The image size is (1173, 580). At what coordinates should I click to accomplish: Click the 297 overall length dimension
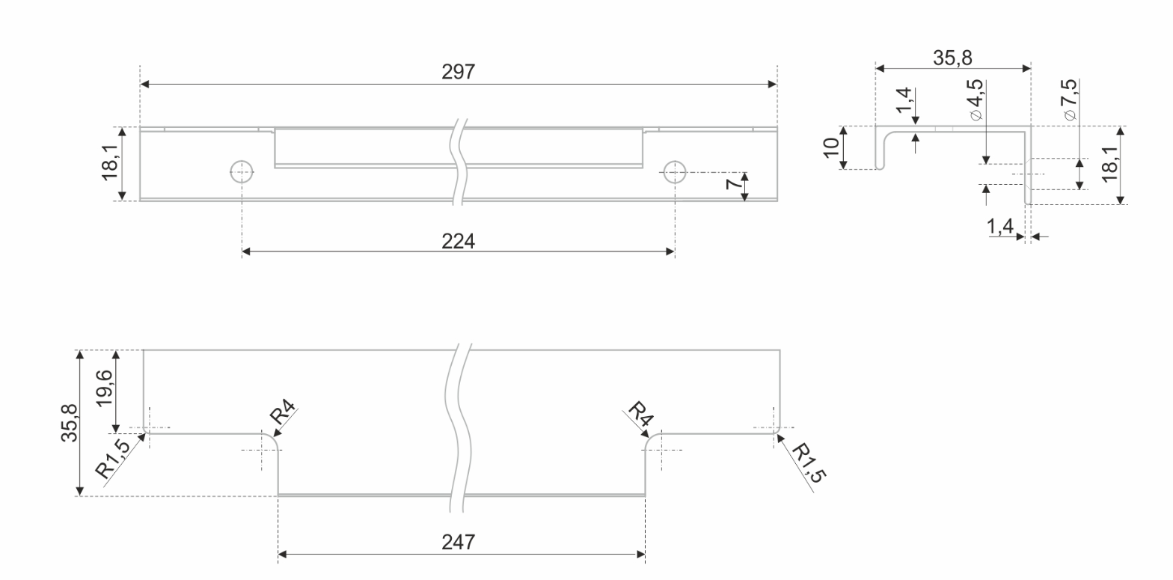point(458,72)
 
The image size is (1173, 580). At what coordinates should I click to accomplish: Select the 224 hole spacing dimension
point(458,240)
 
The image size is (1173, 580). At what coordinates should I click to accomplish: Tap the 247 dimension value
point(458,542)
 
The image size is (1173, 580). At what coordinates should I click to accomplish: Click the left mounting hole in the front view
point(241,172)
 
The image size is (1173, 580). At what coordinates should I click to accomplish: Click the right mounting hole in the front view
point(675,172)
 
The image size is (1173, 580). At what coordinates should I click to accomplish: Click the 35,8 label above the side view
point(953,57)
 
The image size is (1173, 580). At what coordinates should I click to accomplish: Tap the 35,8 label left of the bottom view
point(70,423)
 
